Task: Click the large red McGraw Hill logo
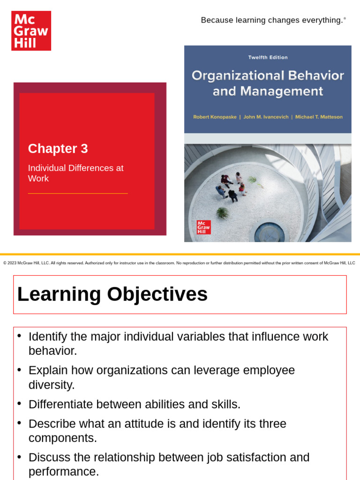tap(31, 31)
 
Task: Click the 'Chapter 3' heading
tap(58, 149)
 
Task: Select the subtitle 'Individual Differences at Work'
tap(75, 173)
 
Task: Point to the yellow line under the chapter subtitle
tap(78, 193)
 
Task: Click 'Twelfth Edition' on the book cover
tap(268, 57)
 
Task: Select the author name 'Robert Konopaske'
tap(214, 117)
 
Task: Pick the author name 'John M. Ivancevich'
tap(268, 117)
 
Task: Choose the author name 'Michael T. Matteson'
tap(319, 117)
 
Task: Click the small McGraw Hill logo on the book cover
tap(203, 227)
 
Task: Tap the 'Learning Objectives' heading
tap(112, 294)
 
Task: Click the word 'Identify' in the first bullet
tap(48, 337)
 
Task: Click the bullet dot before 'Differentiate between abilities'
tap(19, 403)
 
